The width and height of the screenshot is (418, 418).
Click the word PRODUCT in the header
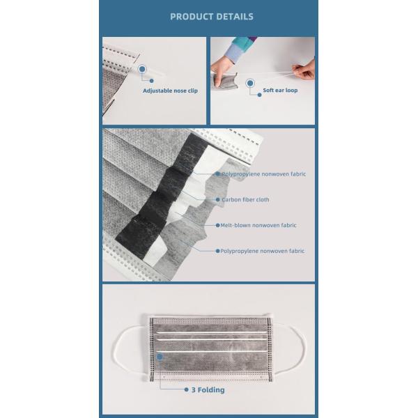coord(192,17)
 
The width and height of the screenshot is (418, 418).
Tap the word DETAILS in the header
coord(235,17)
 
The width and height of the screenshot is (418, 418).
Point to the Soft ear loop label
coord(280,91)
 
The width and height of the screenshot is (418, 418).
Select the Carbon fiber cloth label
coord(245,200)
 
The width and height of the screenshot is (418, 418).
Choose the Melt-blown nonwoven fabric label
coord(258,226)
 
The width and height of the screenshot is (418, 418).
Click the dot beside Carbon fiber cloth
coord(218,200)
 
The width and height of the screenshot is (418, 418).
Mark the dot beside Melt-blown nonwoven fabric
coord(218,226)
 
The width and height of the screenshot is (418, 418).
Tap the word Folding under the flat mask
coord(210,390)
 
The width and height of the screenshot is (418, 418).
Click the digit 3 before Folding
coord(194,390)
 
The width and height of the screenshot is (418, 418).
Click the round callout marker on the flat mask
coord(160,356)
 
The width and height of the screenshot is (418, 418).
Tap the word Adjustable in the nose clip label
coord(160,91)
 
